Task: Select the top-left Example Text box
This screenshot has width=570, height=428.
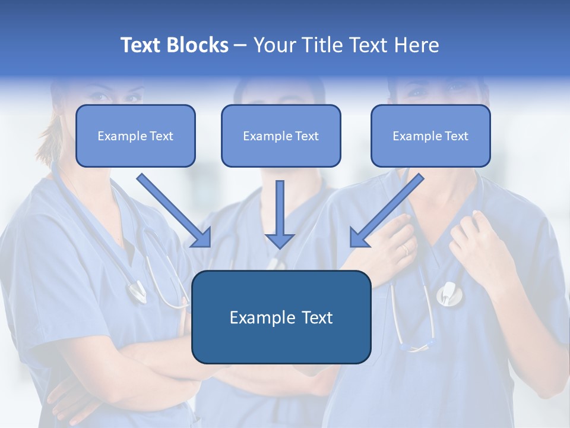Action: [135, 136]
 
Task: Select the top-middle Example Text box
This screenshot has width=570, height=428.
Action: [281, 136]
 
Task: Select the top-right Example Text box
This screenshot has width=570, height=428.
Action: [430, 136]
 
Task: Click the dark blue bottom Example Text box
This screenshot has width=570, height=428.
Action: [281, 317]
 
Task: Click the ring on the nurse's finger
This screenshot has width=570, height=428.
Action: [406, 250]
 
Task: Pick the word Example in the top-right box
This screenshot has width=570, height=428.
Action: [414, 136]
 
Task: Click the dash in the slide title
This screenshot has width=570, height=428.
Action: [240, 45]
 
